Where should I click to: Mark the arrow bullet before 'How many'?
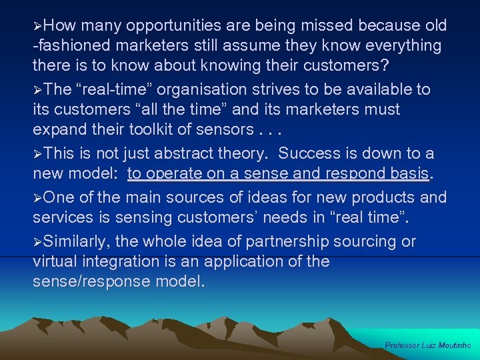(38, 26)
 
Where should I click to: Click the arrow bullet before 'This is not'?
(38, 154)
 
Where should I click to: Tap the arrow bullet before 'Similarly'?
(38, 241)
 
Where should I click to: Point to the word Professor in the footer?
(401, 345)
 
